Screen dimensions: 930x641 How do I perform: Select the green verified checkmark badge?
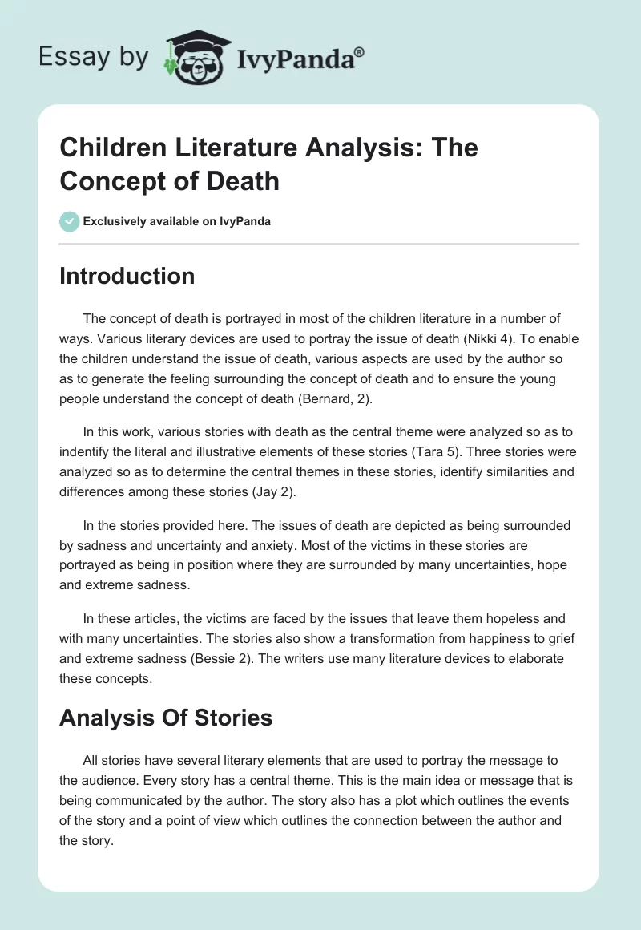tap(70, 221)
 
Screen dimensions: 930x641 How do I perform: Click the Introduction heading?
tap(127, 276)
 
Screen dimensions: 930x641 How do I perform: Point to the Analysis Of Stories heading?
tap(166, 718)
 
